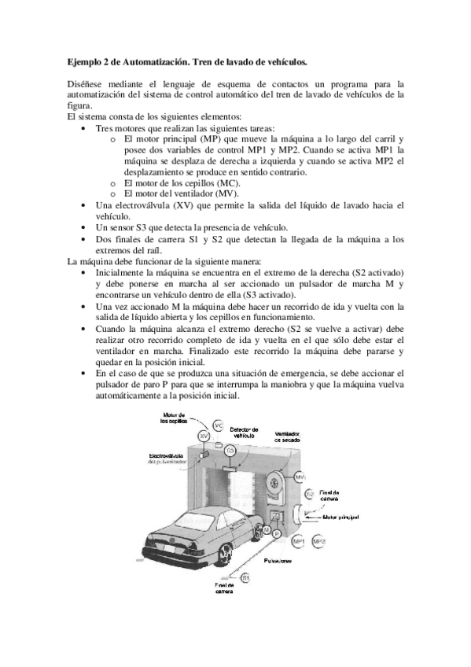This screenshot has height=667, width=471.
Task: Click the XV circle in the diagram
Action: (204, 435)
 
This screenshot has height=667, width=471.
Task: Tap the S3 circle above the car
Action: (230, 451)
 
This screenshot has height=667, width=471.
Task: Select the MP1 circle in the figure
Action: (299, 542)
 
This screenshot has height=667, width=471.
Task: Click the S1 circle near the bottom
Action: (245, 577)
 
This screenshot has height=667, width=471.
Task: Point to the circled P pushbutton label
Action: (277, 534)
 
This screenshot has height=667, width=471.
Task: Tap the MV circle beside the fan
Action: (300, 477)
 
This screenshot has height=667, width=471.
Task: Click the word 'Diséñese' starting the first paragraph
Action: (86, 83)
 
